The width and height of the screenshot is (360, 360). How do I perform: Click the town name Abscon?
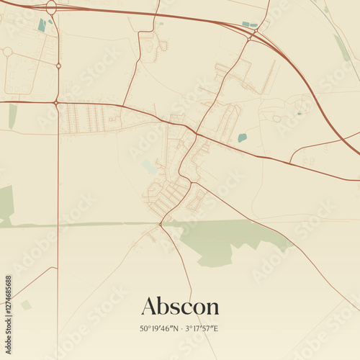pyautogui.click(x=180, y=306)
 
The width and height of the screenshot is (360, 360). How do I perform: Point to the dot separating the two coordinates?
pyautogui.click(x=182, y=328)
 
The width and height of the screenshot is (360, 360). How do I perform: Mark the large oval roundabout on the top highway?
pyautogui.click(x=51, y=7)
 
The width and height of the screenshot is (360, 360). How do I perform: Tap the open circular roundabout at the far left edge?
pyautogui.click(x=7, y=52)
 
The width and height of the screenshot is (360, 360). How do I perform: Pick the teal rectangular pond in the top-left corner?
pyautogui.click(x=42, y=24)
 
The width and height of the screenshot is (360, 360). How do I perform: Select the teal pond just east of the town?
pyautogui.click(x=242, y=138)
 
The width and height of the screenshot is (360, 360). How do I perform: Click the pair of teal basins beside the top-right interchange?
pyautogui.click(x=250, y=25)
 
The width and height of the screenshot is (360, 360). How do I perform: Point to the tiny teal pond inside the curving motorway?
pyautogui.click(x=299, y=113)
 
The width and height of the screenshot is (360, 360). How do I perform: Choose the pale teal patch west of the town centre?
pyautogui.click(x=149, y=166)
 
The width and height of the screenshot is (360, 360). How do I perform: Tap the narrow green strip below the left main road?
pyautogui.click(x=12, y=116)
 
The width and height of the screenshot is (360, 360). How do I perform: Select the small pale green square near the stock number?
pyautogui.click(x=26, y=305)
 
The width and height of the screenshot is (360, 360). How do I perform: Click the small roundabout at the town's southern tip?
pyautogui.click(x=161, y=224)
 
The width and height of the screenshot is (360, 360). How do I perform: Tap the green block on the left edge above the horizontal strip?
pyautogui.click(x=6, y=203)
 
